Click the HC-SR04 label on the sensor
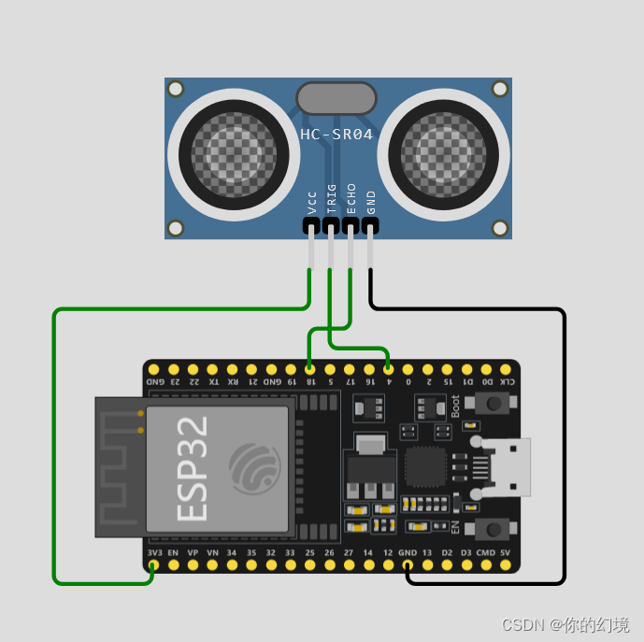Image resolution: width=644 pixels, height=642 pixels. (x=336, y=135)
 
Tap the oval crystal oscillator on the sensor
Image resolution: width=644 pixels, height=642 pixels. (x=336, y=98)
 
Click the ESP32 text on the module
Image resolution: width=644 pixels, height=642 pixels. (x=192, y=467)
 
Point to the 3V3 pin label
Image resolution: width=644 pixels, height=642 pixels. (x=154, y=553)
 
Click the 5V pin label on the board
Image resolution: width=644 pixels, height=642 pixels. (x=506, y=553)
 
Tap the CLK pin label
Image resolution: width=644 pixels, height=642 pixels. (x=506, y=381)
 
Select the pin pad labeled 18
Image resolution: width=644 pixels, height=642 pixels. (x=309, y=369)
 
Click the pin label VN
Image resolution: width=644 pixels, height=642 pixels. (x=212, y=553)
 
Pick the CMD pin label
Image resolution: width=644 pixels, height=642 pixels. (x=486, y=553)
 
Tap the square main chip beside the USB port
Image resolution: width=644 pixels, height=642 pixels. (x=426, y=466)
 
